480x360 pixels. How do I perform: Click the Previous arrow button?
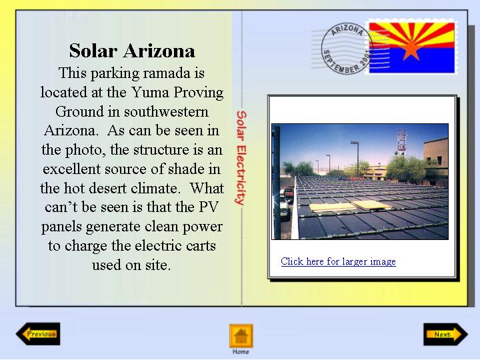pyautogui.click(x=38, y=334)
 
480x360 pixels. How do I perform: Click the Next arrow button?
pyautogui.click(x=446, y=334)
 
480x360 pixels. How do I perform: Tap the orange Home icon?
pyautogui.click(x=241, y=336)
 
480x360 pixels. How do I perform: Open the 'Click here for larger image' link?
pyautogui.click(x=338, y=261)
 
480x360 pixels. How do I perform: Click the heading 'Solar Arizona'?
pyautogui.click(x=132, y=51)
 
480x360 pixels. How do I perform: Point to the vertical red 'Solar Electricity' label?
pyautogui.click(x=241, y=157)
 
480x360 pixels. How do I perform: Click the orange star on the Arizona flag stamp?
pyautogui.click(x=411, y=49)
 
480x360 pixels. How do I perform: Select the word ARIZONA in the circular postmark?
pyautogui.click(x=347, y=30)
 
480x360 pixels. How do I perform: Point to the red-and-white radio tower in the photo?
pyautogui.click(x=401, y=142)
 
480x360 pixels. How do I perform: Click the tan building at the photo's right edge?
pyautogui.click(x=435, y=161)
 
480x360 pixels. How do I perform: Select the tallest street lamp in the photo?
pyautogui.click(x=357, y=159)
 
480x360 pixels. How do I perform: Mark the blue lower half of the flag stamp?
pyautogui.click(x=412, y=60)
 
